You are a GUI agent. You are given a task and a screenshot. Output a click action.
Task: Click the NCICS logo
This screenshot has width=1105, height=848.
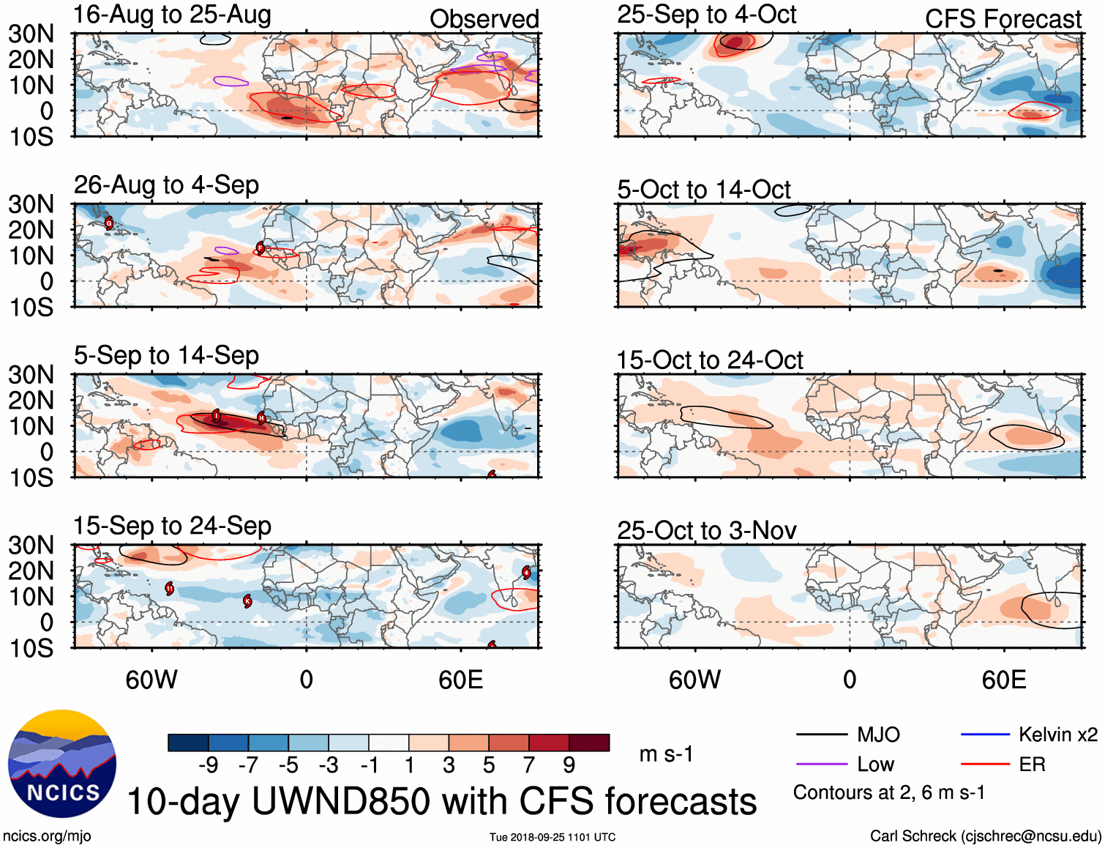(62, 764)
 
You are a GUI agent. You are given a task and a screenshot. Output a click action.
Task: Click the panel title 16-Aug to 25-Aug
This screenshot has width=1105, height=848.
(172, 15)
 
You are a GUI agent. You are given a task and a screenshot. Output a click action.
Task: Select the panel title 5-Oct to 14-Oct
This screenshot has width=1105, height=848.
(703, 190)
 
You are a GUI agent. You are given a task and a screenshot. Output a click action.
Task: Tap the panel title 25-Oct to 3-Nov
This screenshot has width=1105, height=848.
(706, 530)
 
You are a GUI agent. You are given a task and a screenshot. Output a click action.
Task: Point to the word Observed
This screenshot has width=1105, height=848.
(484, 19)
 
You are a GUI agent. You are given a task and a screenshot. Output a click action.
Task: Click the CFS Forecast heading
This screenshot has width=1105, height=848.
(1003, 19)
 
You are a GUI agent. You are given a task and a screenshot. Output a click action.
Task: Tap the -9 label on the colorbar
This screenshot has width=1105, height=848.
(208, 765)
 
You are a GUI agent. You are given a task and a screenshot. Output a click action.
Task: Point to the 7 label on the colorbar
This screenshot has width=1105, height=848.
(528, 765)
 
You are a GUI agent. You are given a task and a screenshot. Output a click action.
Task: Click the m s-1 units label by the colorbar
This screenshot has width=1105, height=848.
(666, 754)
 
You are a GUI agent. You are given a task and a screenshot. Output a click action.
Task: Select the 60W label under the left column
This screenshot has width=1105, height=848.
(151, 680)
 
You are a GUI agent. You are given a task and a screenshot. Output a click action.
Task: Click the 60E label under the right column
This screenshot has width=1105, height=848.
(1003, 680)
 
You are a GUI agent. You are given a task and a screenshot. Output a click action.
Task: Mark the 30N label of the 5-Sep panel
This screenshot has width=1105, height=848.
(31, 375)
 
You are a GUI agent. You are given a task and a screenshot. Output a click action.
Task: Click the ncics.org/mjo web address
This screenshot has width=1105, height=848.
(47, 836)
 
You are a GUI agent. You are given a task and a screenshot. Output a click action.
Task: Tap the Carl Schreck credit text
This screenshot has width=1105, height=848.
(985, 836)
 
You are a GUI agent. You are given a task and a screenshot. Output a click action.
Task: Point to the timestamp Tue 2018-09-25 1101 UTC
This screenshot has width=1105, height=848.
(552, 837)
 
